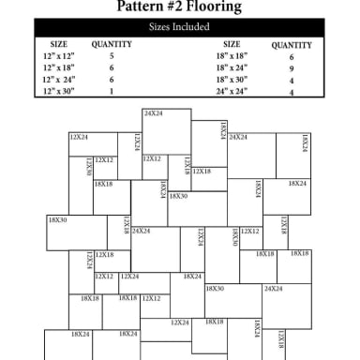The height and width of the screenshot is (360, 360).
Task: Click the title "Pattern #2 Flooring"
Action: [179, 7]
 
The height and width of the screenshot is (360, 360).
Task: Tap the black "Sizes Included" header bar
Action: [179, 27]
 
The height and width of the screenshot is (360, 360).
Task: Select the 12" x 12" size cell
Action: [58, 56]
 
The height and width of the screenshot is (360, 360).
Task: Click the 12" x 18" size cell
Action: [58, 68]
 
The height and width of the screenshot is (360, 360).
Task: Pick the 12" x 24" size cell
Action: [58, 80]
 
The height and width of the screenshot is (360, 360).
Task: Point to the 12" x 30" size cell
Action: [58, 92]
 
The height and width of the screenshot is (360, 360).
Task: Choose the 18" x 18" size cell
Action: [232, 56]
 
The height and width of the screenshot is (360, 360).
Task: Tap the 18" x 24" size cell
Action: [232, 68]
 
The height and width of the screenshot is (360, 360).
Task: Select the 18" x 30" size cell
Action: [232, 80]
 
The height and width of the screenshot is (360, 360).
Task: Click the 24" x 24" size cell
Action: [232, 92]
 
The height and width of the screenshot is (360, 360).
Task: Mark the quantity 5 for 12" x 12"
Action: [112, 56]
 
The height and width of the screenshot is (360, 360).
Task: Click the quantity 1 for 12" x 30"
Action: [112, 92]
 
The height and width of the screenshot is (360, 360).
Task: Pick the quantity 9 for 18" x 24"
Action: [292, 68]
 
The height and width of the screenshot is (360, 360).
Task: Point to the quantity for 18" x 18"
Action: [292, 57]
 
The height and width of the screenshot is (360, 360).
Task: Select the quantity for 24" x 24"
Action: [292, 93]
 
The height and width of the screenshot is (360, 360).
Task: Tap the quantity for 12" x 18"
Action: [112, 68]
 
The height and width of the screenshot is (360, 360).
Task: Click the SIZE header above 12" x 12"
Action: [58, 44]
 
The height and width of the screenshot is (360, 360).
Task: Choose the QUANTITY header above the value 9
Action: [292, 45]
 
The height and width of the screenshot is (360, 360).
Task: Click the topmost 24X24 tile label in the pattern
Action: [153, 113]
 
